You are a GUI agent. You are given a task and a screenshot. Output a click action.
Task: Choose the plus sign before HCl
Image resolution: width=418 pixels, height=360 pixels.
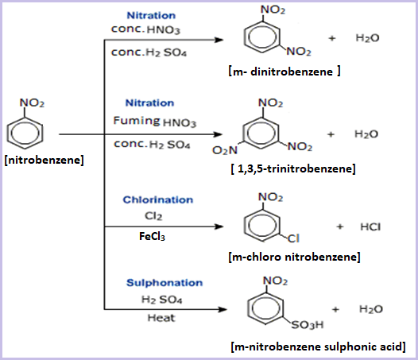[x=339, y=226]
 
